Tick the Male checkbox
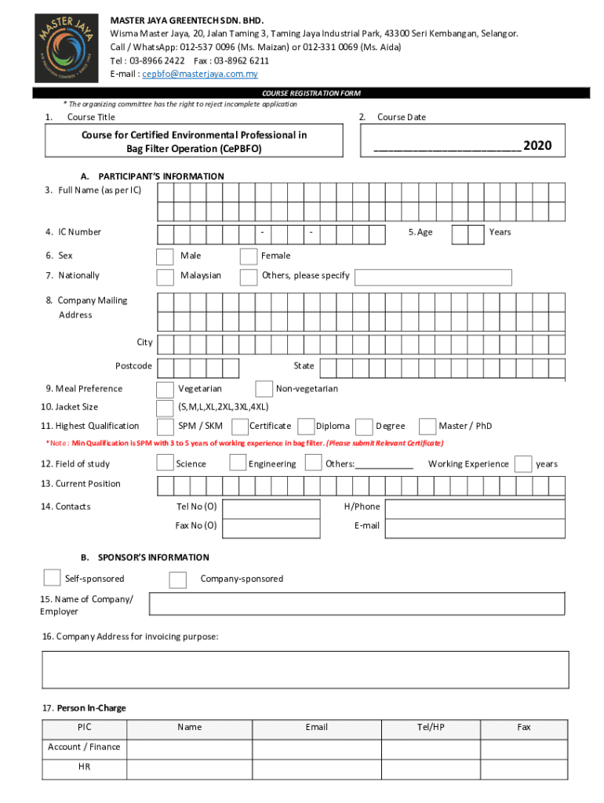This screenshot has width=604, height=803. pos(165,256)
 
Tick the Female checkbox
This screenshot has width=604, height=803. pos(249,256)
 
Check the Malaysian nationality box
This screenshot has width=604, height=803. pos(165,277)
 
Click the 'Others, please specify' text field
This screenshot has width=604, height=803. pos(432,277)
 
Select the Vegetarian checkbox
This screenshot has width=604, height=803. pos(165,390)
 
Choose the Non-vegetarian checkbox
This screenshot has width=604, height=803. pos(264,390)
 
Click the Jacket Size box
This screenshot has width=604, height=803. pos(165,408)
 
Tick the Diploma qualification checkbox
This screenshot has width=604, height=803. pos(306,427)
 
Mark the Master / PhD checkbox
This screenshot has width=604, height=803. pos(428,427)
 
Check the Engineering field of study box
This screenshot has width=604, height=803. pos(238,463)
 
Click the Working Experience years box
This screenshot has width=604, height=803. pos(523,464)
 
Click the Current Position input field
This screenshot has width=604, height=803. pos(360,485)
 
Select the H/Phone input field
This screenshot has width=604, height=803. pos(475,507)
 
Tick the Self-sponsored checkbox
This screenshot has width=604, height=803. pos(52,578)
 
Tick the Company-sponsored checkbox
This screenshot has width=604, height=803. pos(178,580)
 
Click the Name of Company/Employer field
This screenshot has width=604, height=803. pos(356,604)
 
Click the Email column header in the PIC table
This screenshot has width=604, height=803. pos(317,728)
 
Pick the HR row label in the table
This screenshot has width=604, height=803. pos(84,767)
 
